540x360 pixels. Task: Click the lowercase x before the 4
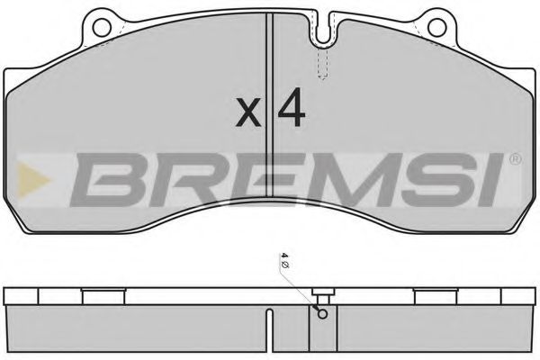point(247,114)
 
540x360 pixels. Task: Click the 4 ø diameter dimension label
point(284,262)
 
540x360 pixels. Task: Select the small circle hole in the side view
point(320,312)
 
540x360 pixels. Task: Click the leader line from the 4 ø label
point(301,287)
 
